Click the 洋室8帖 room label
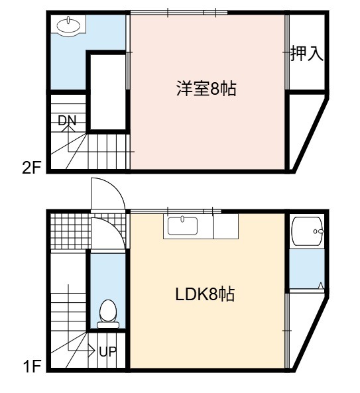tap(206, 89)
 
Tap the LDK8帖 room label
tap(205, 294)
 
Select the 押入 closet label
tap(306, 53)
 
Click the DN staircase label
tap(67, 121)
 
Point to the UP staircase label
tap(108, 352)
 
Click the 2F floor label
tap(32, 168)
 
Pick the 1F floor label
tap(32, 367)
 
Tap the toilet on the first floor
tap(108, 314)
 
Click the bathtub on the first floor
tap(308, 231)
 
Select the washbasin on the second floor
tap(69, 25)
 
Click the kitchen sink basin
tap(182, 226)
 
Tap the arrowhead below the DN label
tap(68, 129)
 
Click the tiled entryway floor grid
tap(71, 231)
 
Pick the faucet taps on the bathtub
tap(318, 231)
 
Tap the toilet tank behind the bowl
tap(108, 325)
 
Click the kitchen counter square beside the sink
tap(225, 227)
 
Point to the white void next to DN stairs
tap(108, 92)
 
